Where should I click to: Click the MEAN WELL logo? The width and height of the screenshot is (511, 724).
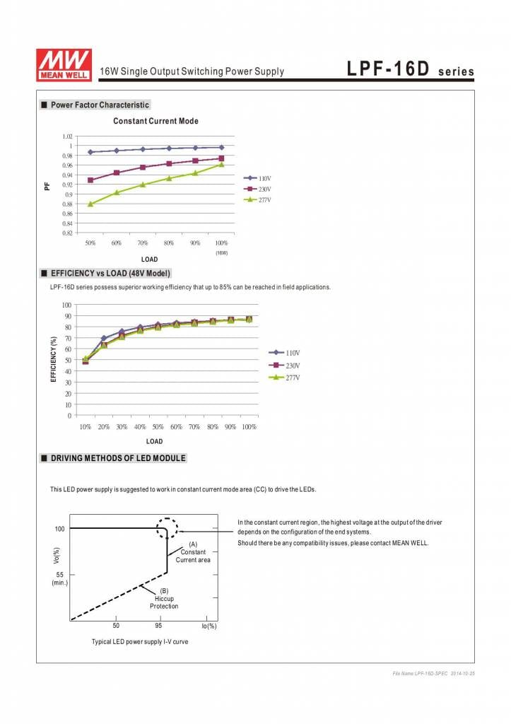pos(64,64)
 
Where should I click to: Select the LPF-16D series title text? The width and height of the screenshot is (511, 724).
pos(410,71)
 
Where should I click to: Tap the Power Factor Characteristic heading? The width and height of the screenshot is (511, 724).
pos(100,105)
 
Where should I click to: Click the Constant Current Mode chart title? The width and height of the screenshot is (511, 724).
pos(155,121)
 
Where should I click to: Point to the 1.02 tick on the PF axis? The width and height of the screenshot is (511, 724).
pos(67,136)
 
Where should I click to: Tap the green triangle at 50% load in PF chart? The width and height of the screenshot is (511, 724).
pos(90,204)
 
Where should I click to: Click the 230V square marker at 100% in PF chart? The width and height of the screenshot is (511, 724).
pos(221,158)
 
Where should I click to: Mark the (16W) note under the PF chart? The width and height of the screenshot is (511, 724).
pos(221,252)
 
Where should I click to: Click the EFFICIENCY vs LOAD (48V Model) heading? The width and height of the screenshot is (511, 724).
pos(110,273)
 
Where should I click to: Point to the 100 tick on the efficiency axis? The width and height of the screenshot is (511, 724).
pos(66,305)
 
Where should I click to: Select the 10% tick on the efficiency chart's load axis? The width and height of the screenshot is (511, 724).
pos(86,427)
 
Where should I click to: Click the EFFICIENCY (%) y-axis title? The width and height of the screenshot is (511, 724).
pos(54,359)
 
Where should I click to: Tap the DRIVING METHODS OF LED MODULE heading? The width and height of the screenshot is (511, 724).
pos(118,458)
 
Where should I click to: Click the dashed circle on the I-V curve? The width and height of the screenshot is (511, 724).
pos(168,529)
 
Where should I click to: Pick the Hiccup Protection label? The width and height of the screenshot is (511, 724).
pos(164,599)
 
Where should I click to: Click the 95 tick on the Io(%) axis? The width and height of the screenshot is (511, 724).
pos(158,626)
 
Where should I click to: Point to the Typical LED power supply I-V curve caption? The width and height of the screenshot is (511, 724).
pos(140,641)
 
